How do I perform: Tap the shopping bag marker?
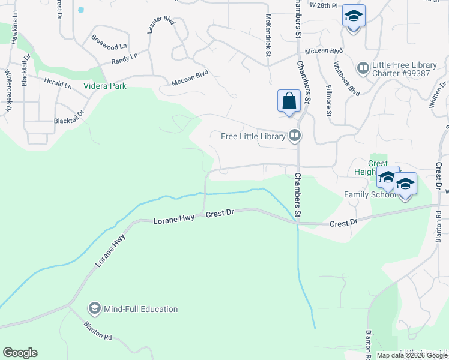click(289, 100)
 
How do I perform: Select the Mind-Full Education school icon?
click(94, 309)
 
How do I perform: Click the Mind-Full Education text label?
click(140, 309)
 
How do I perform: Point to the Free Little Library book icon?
click(294, 136)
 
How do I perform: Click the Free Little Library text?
click(253, 136)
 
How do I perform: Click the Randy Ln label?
click(124, 59)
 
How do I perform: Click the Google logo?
click(20, 352)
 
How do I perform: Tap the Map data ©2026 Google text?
click(411, 355)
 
